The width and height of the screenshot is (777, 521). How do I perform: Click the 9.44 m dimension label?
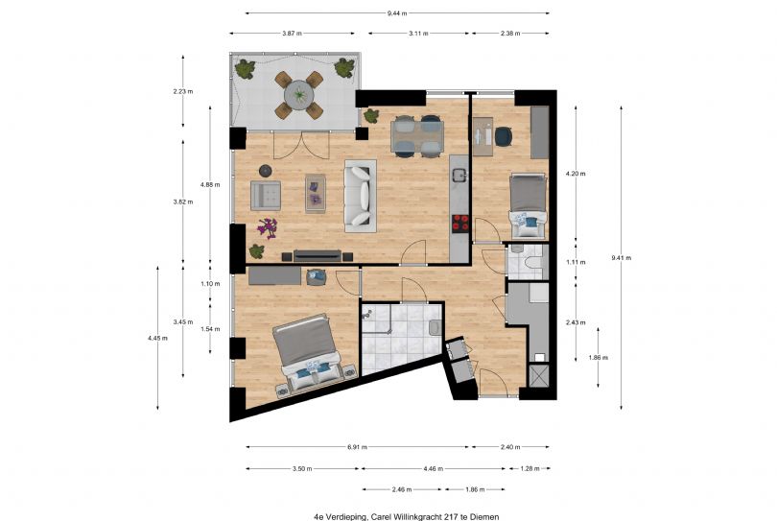397,13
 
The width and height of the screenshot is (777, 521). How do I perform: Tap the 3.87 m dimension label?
292,34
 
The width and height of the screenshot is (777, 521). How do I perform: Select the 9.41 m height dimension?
622,257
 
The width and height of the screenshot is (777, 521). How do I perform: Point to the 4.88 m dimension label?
210,184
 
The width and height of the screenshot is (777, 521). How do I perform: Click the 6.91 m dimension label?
357,447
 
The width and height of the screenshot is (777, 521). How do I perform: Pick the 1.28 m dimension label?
530,468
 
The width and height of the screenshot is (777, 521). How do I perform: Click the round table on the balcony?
298,95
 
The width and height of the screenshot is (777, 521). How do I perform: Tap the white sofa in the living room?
361,196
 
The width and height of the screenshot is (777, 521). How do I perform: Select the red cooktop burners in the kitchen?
460,223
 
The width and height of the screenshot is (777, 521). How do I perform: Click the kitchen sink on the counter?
459,175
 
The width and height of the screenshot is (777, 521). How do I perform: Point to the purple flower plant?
268,228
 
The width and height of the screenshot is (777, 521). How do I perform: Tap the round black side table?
266,171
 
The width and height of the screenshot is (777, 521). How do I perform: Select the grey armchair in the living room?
266,196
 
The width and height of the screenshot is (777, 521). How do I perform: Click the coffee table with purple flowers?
316,193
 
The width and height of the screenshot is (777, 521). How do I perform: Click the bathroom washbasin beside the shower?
435,328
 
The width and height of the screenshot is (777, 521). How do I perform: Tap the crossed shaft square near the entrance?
539,376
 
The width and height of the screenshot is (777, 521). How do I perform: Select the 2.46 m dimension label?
402,489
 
